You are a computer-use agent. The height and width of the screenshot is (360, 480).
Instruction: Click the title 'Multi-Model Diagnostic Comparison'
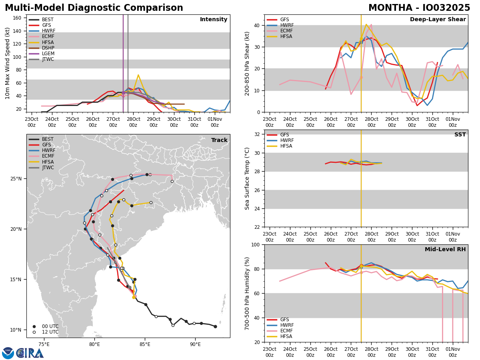[94, 8]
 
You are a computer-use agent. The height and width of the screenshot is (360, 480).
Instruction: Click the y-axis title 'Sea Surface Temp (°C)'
[248, 178]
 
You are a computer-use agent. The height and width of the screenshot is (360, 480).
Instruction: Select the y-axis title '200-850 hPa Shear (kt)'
[248, 63]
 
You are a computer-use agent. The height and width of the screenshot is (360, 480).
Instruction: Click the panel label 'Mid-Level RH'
[445, 250]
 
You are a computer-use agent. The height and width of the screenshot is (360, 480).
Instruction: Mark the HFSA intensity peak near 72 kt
[138, 75]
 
